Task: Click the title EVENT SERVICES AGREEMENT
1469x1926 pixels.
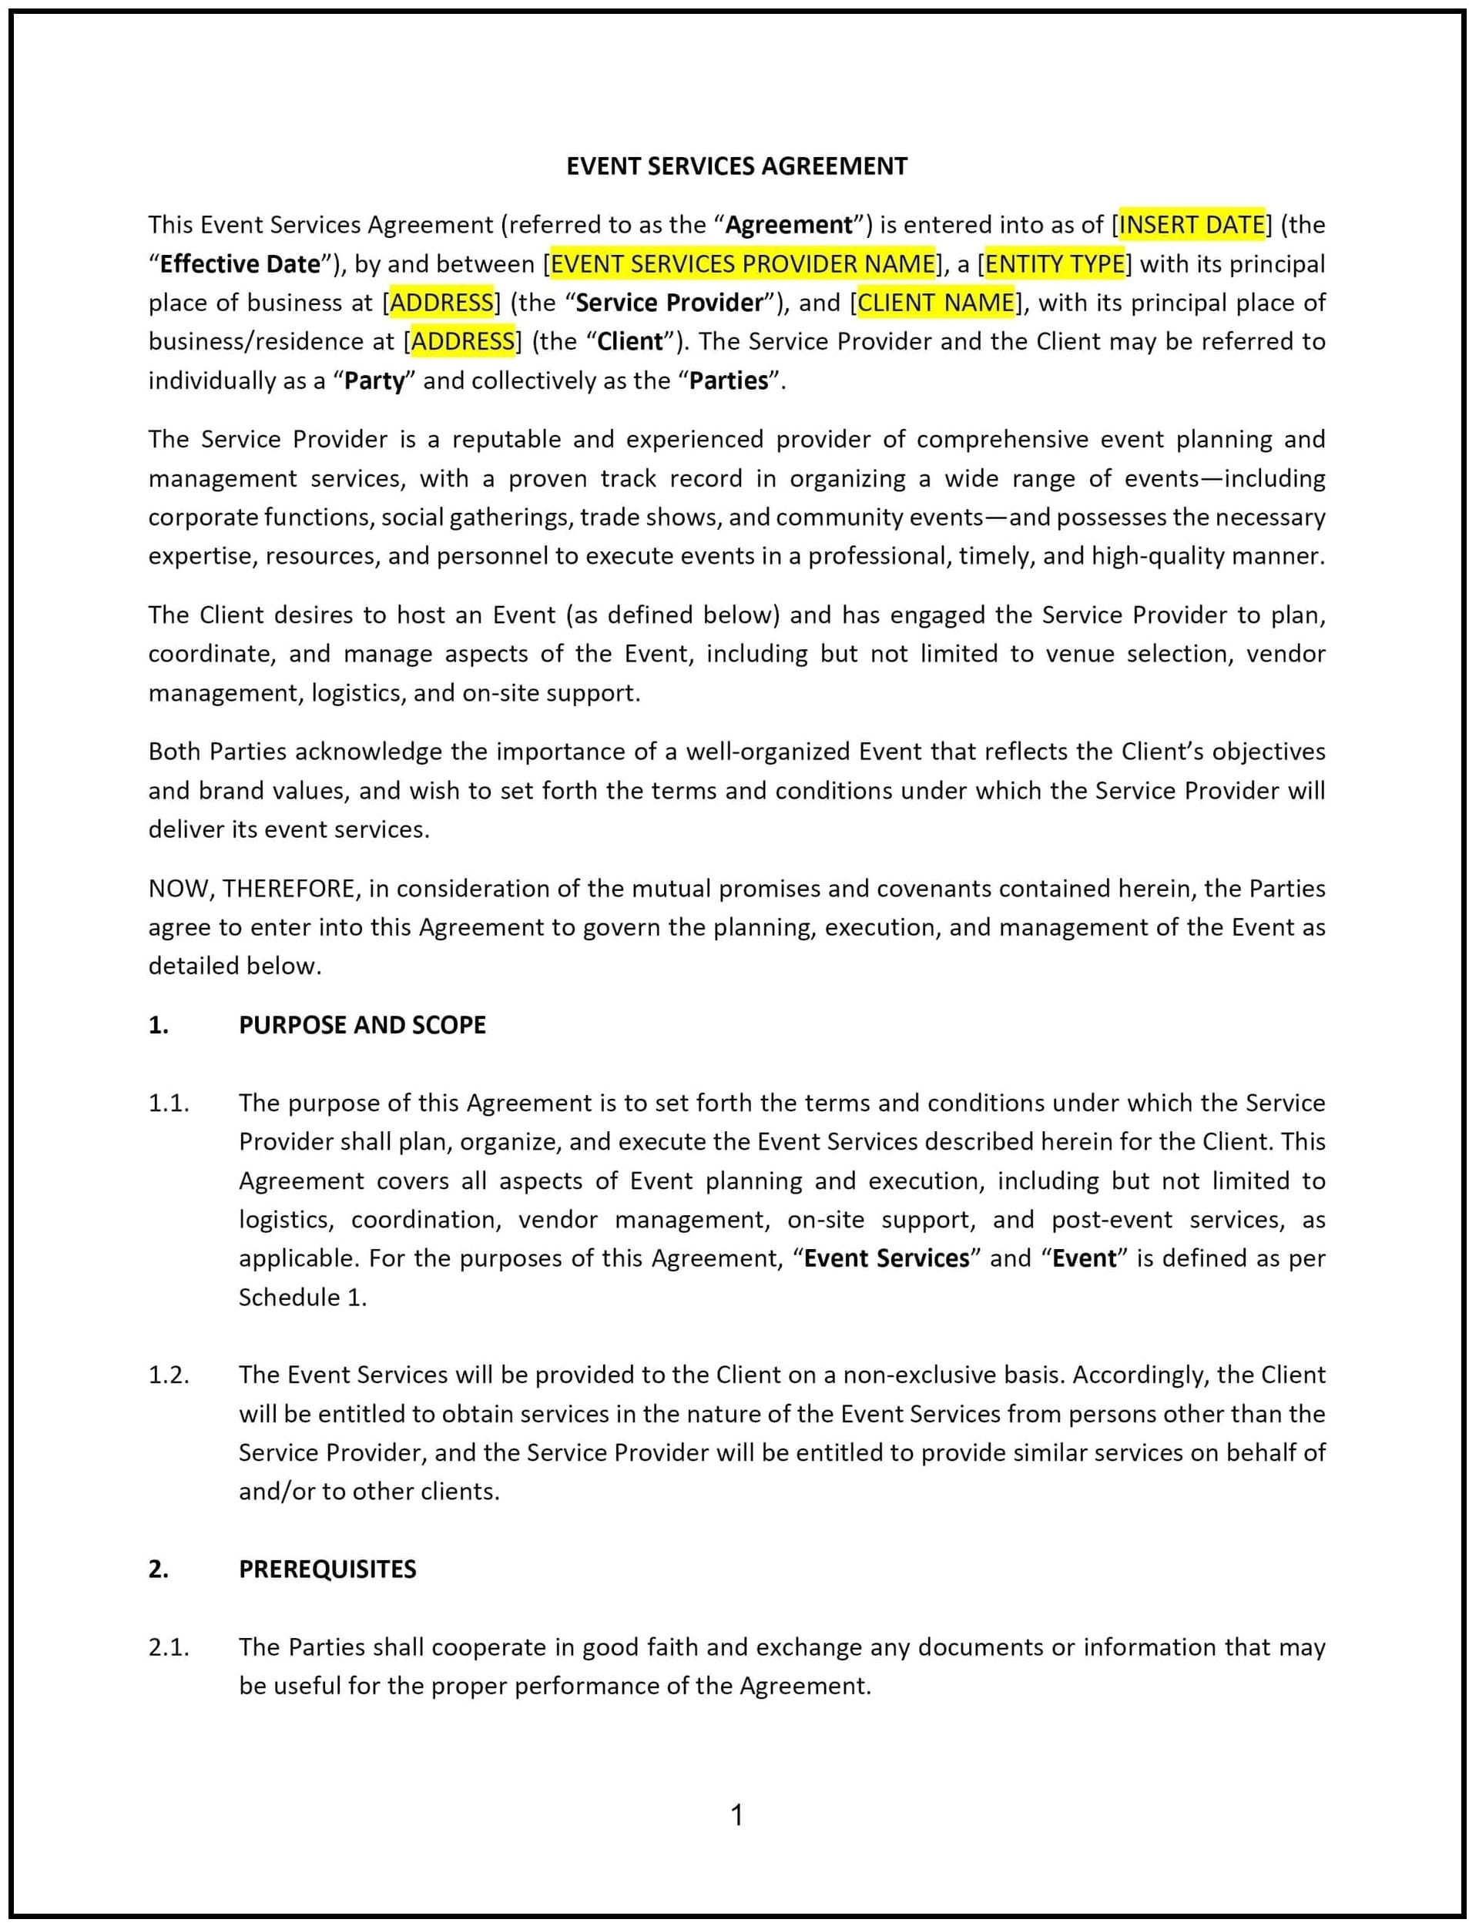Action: coord(736,166)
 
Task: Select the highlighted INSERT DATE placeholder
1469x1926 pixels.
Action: coord(1192,225)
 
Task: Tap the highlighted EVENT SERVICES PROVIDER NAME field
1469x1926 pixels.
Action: coord(743,263)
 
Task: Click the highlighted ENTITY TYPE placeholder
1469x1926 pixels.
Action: coord(1055,263)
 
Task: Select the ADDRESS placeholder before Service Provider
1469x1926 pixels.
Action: coord(441,303)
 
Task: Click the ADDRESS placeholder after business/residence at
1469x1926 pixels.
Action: coord(462,341)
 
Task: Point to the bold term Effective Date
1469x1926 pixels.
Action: coord(240,264)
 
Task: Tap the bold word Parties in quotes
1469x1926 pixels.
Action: coord(729,380)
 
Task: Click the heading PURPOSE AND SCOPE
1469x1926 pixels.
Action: coord(362,1025)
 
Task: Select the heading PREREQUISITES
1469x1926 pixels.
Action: coord(327,1569)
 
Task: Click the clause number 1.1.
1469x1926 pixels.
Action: coord(169,1103)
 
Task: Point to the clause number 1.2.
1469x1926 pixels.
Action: coord(169,1375)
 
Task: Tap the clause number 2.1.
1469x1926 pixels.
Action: coord(169,1646)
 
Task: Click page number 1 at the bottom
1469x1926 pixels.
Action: coord(736,1816)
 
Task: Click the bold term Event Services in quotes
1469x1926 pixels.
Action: coord(887,1258)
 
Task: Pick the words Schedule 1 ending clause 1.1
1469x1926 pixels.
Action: coord(300,1297)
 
